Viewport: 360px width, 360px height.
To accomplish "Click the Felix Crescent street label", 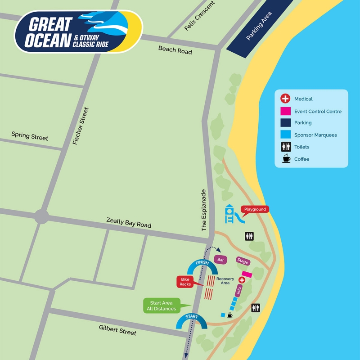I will pos(200,16).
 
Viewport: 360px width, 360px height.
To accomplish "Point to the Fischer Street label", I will pos(81,126).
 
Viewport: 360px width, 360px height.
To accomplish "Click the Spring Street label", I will pos(30,136).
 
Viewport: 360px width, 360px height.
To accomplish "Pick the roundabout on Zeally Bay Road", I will pos(41,216).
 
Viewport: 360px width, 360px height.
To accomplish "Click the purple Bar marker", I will pos(220,260).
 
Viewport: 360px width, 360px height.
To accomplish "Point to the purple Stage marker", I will pos(243,261).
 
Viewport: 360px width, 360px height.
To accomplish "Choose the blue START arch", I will pos(191,320).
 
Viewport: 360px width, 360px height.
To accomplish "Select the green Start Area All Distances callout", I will pos(161,306).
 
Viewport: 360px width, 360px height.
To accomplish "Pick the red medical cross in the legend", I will pos(285,99).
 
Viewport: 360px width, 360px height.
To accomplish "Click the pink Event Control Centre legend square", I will pos(285,111).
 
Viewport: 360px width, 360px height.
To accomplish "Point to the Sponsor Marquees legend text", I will pos(315,135).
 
